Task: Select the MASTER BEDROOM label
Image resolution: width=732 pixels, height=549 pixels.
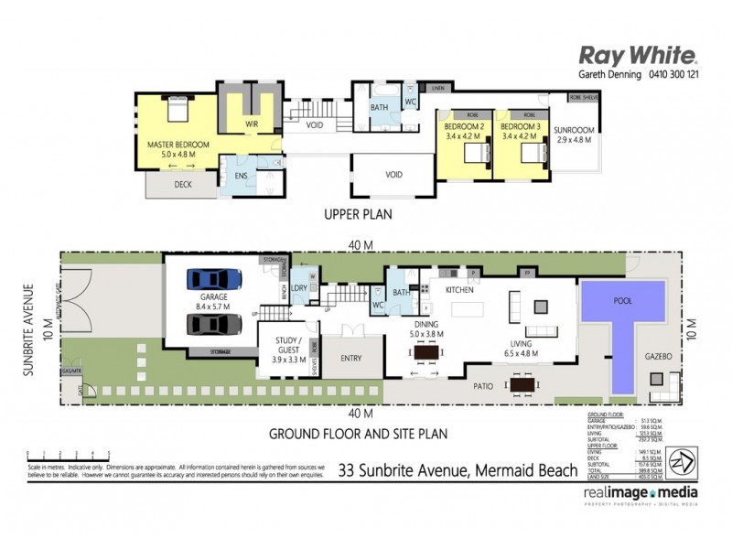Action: click(x=178, y=145)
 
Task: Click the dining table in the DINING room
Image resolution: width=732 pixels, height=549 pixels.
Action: click(x=426, y=352)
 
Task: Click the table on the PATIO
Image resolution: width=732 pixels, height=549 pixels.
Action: click(x=522, y=385)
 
